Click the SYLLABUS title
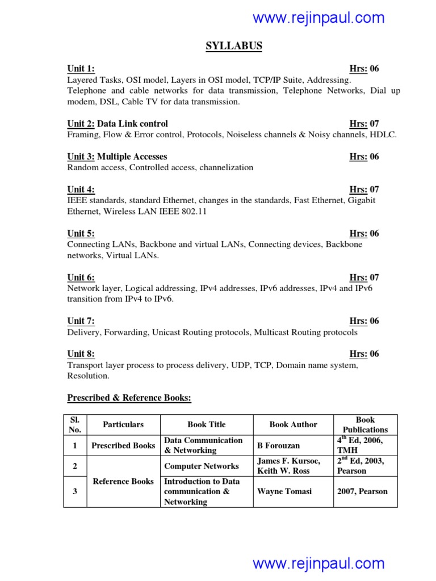[234, 46]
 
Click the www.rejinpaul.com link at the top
[318, 18]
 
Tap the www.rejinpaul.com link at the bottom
[318, 563]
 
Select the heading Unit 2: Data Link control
[118, 124]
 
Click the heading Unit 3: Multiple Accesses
[117, 157]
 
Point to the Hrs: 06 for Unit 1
[364, 69]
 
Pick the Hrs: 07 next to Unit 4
[364, 190]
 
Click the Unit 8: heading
[81, 354]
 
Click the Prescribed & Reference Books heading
[129, 398]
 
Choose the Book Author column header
[293, 424]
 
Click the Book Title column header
[206, 424]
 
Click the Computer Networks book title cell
[202, 466]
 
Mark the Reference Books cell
[123, 481]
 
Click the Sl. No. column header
[75, 424]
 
